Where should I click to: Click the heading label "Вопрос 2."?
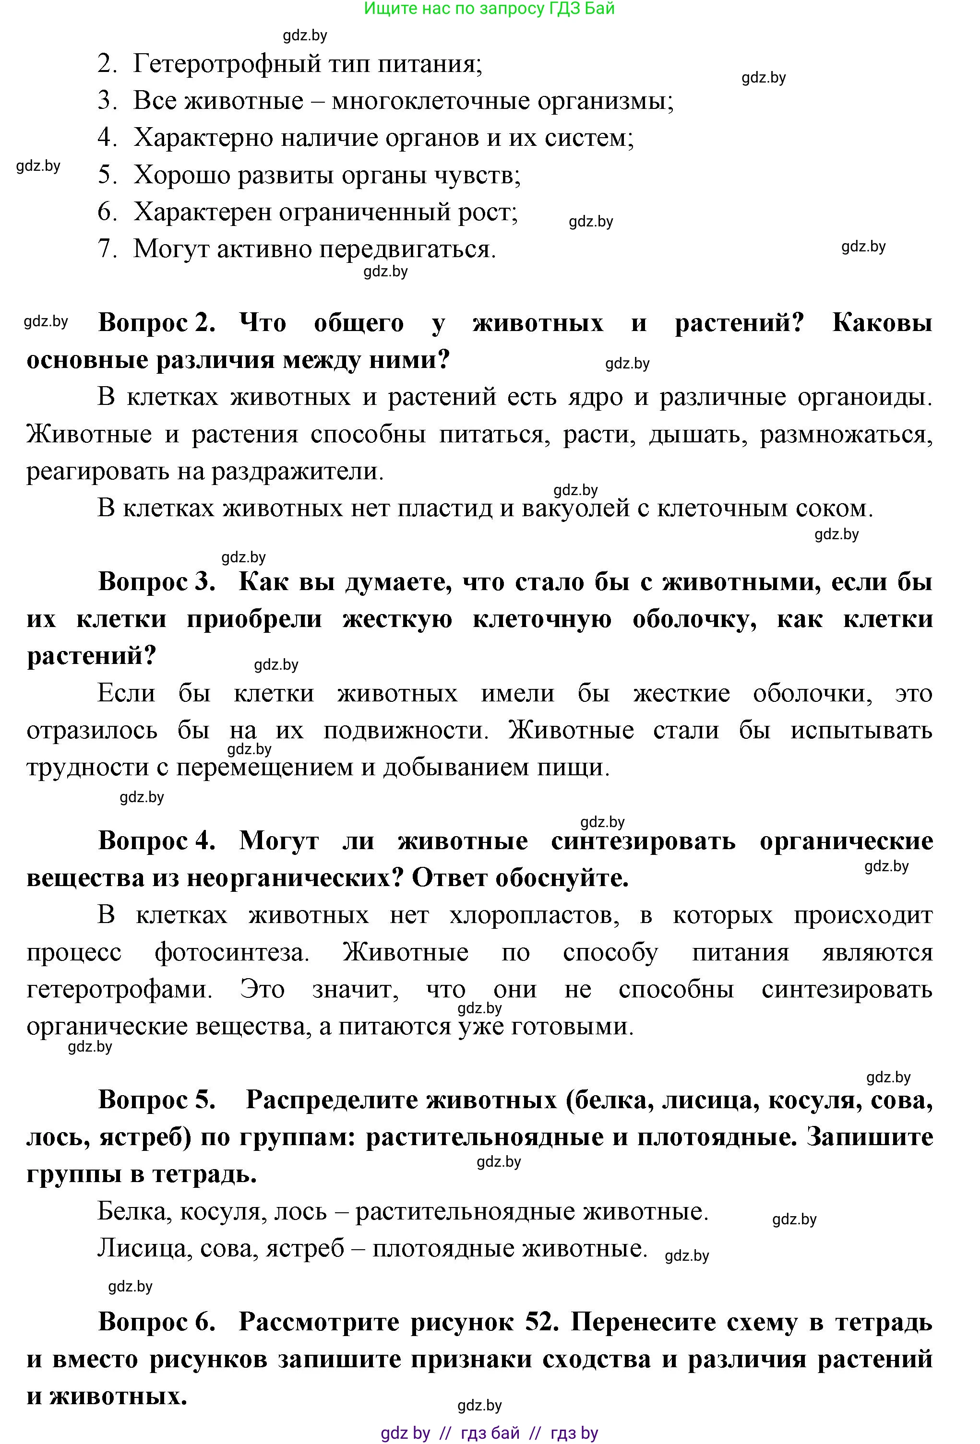156,323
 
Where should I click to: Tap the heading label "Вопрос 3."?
156,582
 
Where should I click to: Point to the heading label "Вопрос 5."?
156,1100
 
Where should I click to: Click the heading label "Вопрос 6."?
156,1322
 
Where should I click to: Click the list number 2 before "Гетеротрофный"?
107,64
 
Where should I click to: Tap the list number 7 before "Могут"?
107,249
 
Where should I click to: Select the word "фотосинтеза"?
231,953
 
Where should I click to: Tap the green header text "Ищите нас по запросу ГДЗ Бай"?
489,8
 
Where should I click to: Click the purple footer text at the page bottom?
489,1433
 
